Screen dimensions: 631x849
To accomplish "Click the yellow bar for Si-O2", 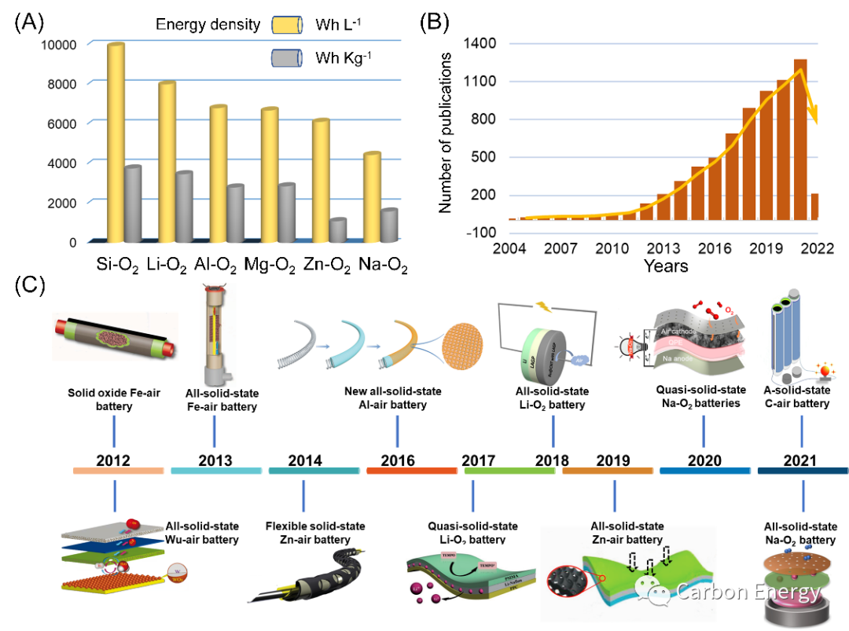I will (116, 141).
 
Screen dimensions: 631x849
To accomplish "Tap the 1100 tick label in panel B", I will (480, 81).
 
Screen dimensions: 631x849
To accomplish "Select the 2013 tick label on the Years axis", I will (663, 248).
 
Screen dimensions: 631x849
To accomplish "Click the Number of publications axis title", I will (447, 133).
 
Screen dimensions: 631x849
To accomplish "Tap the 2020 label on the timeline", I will (704, 460).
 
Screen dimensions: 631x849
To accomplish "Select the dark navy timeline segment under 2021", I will (803, 471).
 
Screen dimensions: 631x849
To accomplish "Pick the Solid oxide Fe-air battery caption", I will (114, 398).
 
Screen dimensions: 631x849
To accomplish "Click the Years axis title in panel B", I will (665, 266).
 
